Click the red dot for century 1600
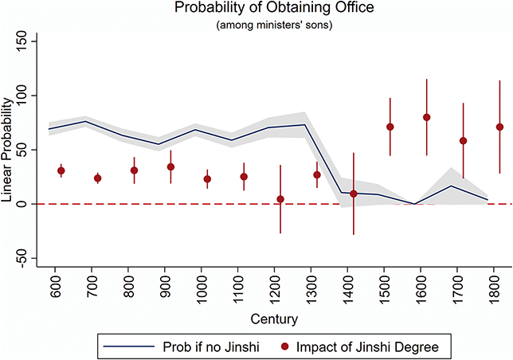pyautogui.click(x=427, y=117)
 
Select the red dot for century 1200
pyautogui.click(x=280, y=199)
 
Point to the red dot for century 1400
pyautogui.click(x=354, y=194)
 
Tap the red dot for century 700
pyautogui.click(x=98, y=178)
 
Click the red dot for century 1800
pyautogui.click(x=500, y=127)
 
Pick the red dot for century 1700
pyautogui.click(x=464, y=141)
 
